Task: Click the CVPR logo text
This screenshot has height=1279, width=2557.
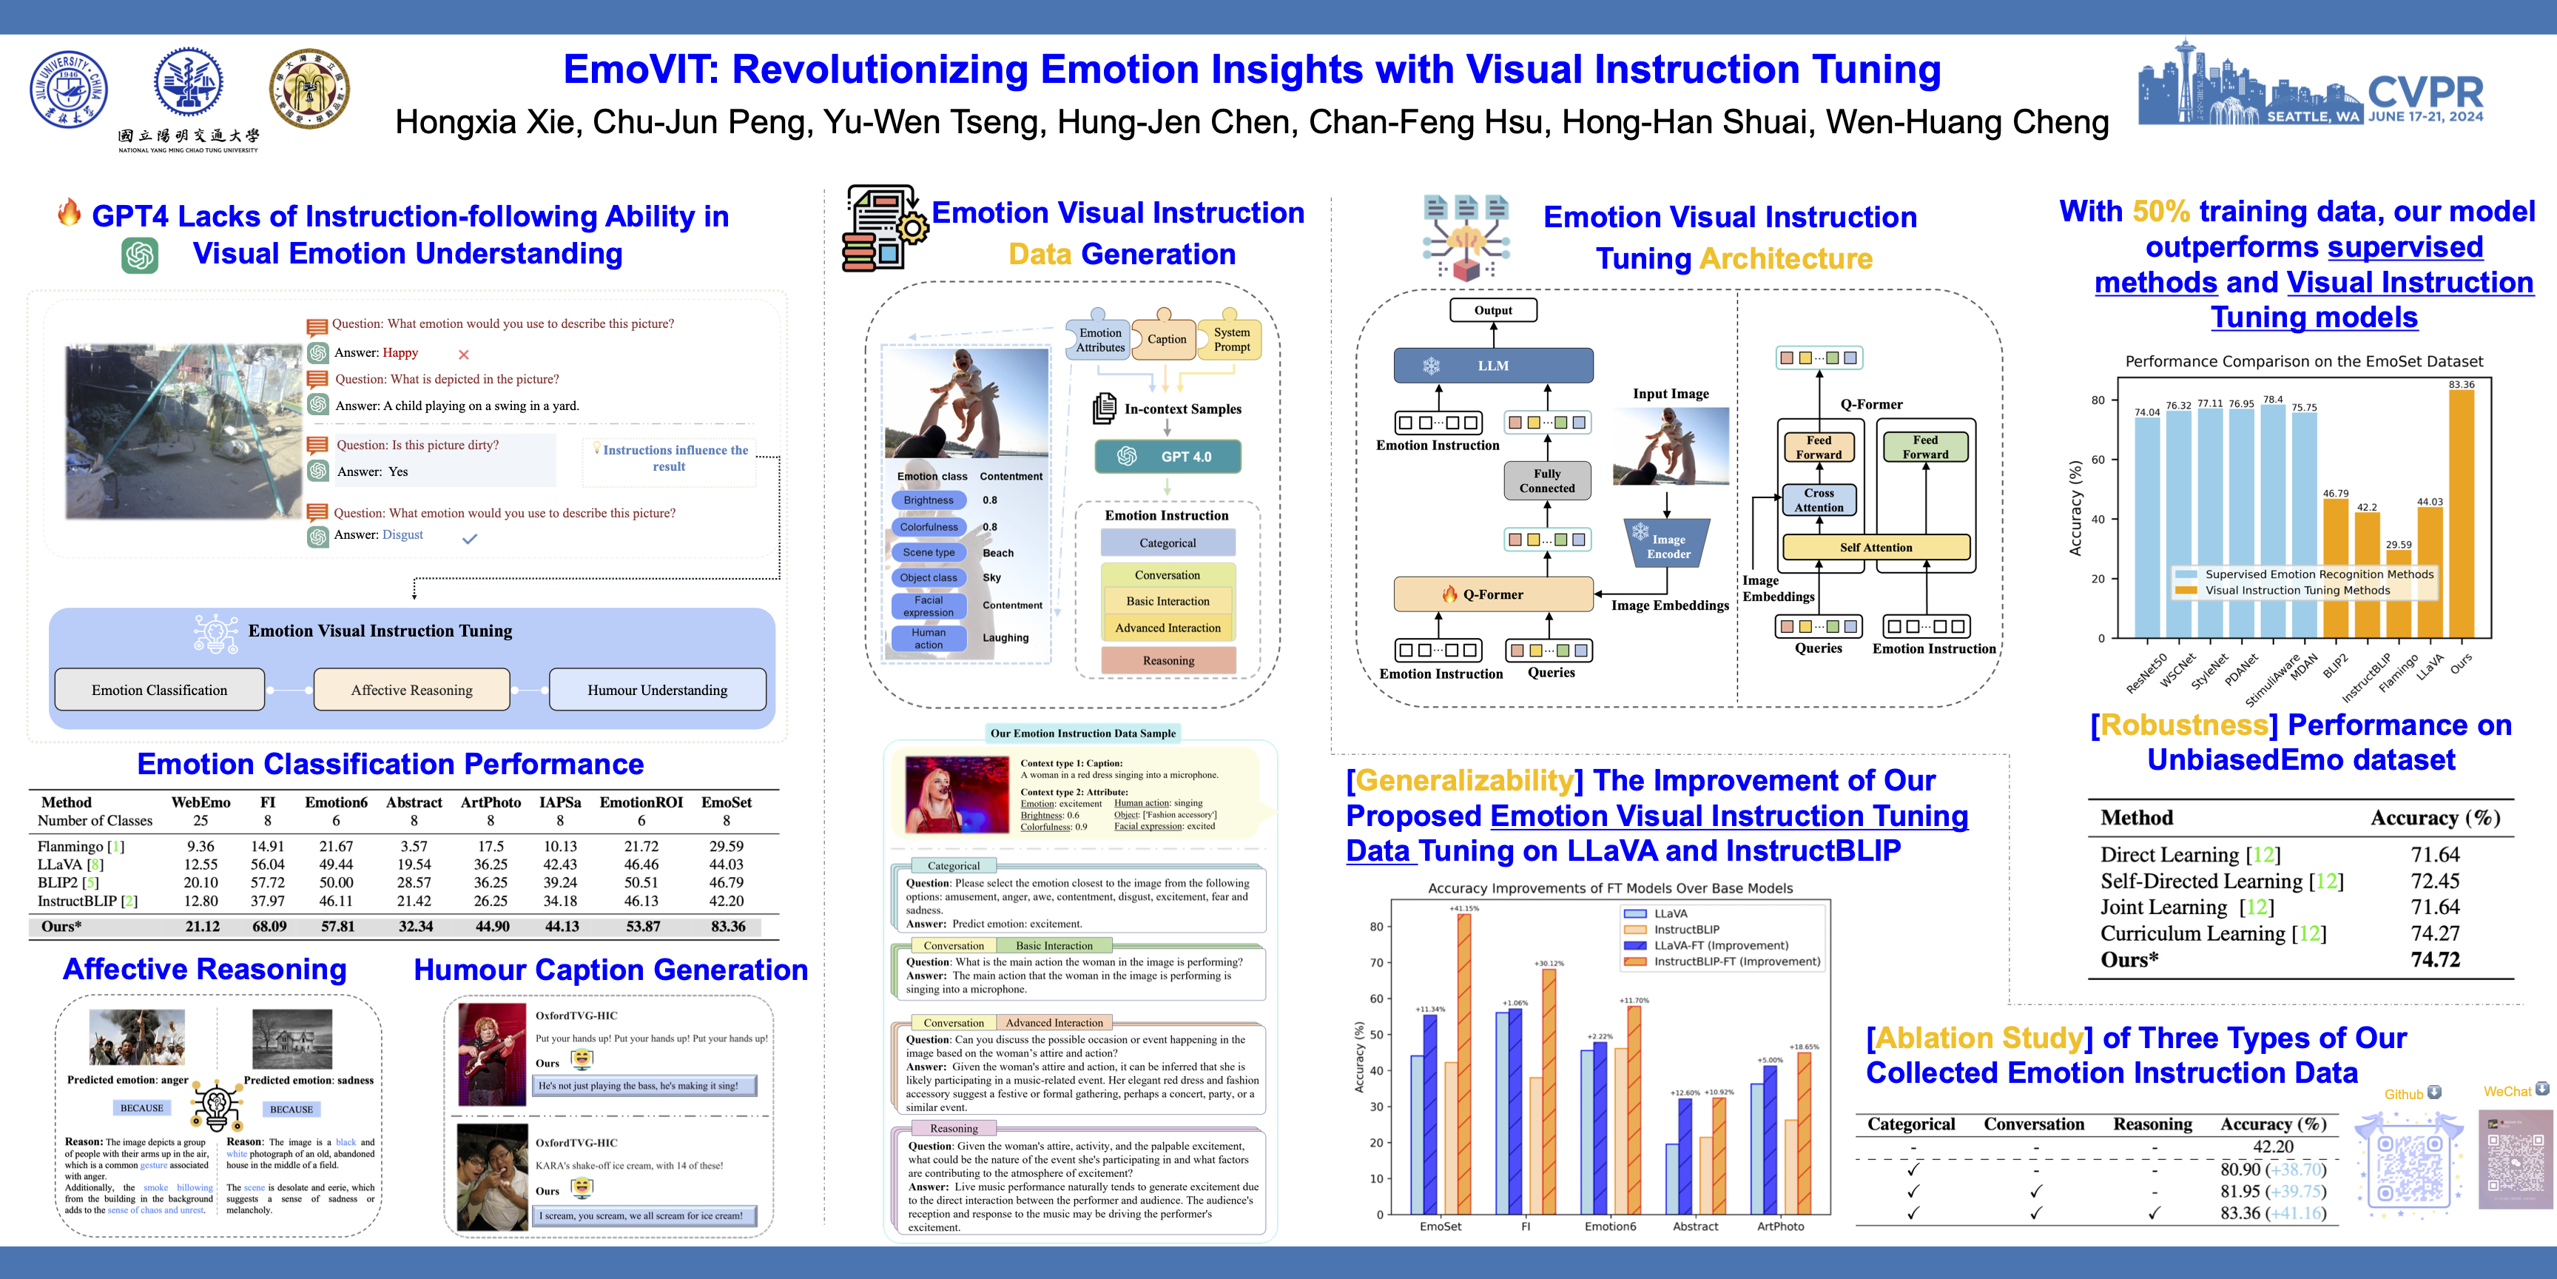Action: [2425, 93]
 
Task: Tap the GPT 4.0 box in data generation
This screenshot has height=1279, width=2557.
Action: [1168, 457]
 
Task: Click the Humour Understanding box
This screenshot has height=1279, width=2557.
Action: [657, 690]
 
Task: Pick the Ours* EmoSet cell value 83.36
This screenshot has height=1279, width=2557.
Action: [727, 927]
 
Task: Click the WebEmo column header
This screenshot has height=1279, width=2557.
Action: [201, 802]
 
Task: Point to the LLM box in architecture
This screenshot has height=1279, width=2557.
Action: [1493, 366]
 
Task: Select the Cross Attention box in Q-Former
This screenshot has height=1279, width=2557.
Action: [1819, 500]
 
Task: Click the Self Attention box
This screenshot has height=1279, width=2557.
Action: [1875, 547]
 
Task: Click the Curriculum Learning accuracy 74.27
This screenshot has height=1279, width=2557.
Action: [2435, 933]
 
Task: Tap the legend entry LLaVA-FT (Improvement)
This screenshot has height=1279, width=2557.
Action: [1720, 945]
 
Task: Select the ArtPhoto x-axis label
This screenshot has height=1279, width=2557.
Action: [1781, 1226]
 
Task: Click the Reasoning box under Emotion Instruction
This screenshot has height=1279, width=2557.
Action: [1168, 660]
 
